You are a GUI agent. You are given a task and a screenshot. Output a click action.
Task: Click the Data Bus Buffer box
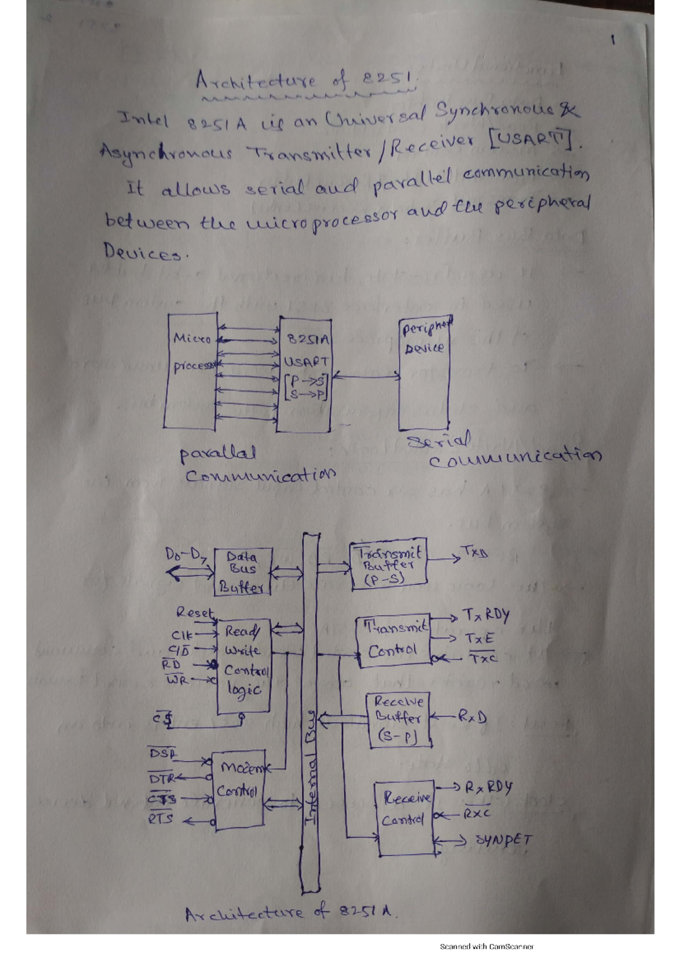[x=243, y=571]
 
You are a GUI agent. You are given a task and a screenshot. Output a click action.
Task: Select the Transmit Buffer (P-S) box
[x=389, y=565]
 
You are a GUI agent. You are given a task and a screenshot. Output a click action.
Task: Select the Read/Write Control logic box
[x=244, y=665]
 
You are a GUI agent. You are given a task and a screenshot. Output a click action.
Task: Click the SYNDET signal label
[x=503, y=839]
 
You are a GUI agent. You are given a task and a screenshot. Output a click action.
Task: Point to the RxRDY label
[x=488, y=788]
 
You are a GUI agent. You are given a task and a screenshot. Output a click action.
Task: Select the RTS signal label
[x=160, y=819]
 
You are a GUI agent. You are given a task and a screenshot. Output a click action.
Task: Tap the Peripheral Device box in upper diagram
[x=423, y=375]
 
